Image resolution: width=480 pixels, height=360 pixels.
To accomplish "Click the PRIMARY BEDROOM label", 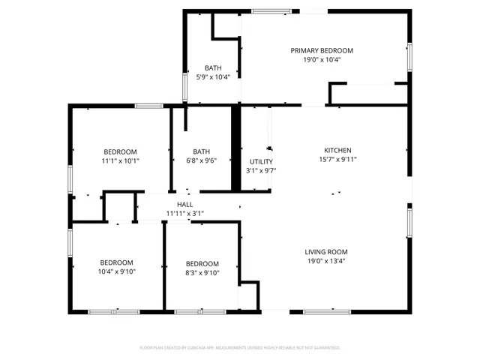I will coord(322,50).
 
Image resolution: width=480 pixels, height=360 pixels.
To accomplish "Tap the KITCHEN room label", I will coord(337,150).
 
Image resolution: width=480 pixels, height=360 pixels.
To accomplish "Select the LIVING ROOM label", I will coord(326,252).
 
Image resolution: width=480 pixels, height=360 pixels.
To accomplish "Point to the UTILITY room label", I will coord(261,162).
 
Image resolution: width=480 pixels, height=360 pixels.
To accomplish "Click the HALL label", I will coord(184,204).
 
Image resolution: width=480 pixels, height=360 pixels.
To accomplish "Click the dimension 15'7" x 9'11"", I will coord(337,159).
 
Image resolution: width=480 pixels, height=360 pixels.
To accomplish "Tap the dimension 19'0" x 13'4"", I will coord(326,261).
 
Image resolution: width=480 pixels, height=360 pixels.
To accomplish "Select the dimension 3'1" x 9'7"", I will coord(261,171).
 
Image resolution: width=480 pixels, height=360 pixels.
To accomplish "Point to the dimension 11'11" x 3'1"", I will coord(184,213).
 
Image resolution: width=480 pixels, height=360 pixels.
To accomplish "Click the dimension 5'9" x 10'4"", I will coord(213,76).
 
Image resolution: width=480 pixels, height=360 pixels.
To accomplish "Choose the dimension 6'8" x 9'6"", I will coord(201,160).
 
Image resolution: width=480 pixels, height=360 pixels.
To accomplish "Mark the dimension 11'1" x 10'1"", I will coord(120,160).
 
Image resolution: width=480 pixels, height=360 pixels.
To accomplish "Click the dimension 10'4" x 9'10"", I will coord(116,272).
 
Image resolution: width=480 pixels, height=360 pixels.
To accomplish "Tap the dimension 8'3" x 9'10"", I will coord(202,272).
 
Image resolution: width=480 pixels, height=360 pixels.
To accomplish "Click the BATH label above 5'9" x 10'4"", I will coord(213,67).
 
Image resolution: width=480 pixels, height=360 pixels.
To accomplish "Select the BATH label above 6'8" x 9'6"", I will coord(201,151).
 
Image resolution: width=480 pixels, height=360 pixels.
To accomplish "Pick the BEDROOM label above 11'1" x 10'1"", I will coord(120,151).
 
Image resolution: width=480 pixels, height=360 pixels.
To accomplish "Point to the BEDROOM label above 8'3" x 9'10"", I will coord(202,263).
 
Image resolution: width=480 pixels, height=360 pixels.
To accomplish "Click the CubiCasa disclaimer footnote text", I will coord(240,347).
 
